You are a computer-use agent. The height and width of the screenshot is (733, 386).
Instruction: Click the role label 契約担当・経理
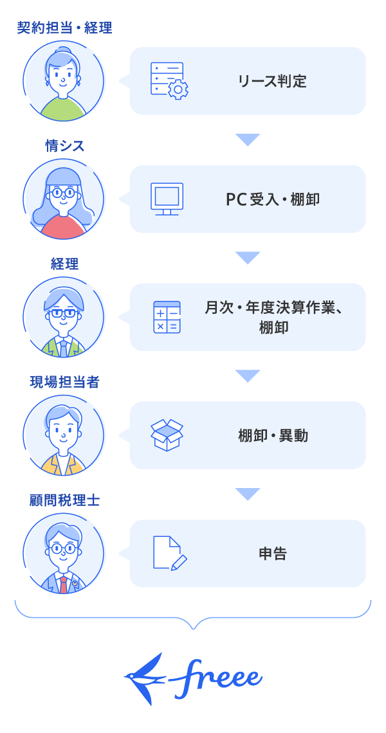pos(64,28)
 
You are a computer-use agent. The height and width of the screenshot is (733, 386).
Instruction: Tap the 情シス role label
pos(64,146)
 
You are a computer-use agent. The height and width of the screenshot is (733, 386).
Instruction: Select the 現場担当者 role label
pos(64,382)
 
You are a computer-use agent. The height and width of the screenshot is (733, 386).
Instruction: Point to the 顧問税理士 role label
pos(64,500)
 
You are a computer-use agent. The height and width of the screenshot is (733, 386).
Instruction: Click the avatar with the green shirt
pos(64,81)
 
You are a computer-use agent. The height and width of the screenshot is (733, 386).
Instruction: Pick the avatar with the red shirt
pos(64,199)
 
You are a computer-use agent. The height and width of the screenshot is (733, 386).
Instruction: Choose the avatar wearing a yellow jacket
pos(64,435)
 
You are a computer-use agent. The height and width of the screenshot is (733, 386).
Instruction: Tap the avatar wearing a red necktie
pos(64,554)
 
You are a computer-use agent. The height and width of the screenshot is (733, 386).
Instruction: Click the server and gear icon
pos(169,81)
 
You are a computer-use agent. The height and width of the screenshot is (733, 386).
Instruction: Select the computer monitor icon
pos(167,199)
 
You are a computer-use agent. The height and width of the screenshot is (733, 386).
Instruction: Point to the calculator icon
pos(167,317)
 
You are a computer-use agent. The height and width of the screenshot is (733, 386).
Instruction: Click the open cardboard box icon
pos(167,435)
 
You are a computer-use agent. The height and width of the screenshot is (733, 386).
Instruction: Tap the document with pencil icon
pos(169,553)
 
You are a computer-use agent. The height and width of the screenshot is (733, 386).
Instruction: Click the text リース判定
pos(272,81)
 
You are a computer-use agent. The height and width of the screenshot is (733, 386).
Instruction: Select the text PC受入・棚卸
pos(273,199)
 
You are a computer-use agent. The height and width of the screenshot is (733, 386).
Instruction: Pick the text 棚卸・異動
pos(273,435)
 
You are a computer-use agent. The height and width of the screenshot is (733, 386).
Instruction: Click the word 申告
pos(273,554)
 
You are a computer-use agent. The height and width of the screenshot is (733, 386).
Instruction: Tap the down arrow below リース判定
pos(248,140)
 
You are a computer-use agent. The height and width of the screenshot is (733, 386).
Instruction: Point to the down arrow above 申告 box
pos(248,494)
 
